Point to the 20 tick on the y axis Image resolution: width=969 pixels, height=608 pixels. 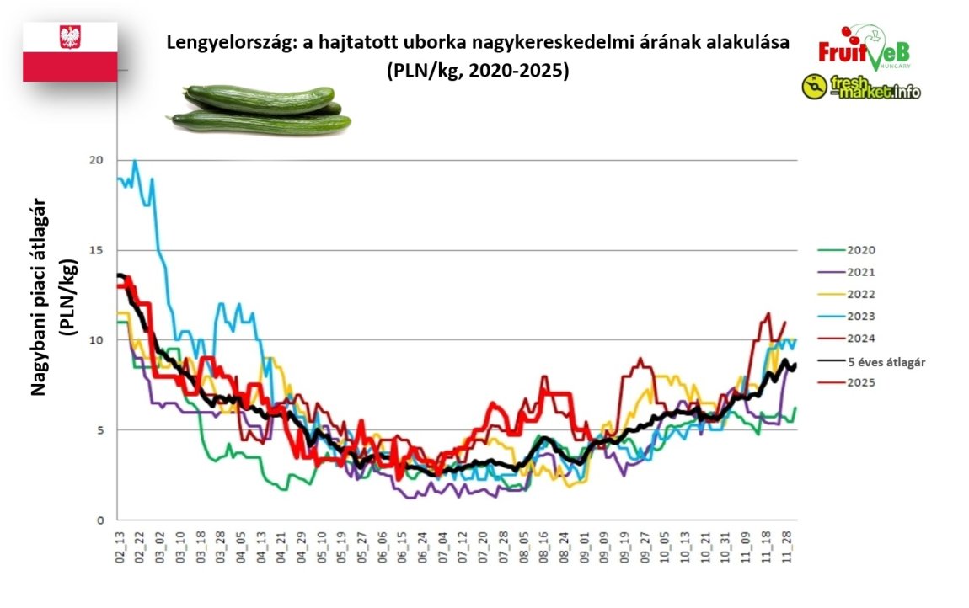pyautogui.click(x=102, y=161)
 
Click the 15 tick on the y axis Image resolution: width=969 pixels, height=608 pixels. pyautogui.click(x=102, y=251)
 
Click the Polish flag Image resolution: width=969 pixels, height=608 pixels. pyautogui.click(x=70, y=52)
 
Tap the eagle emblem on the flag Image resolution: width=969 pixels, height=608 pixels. pyautogui.click(x=70, y=36)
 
